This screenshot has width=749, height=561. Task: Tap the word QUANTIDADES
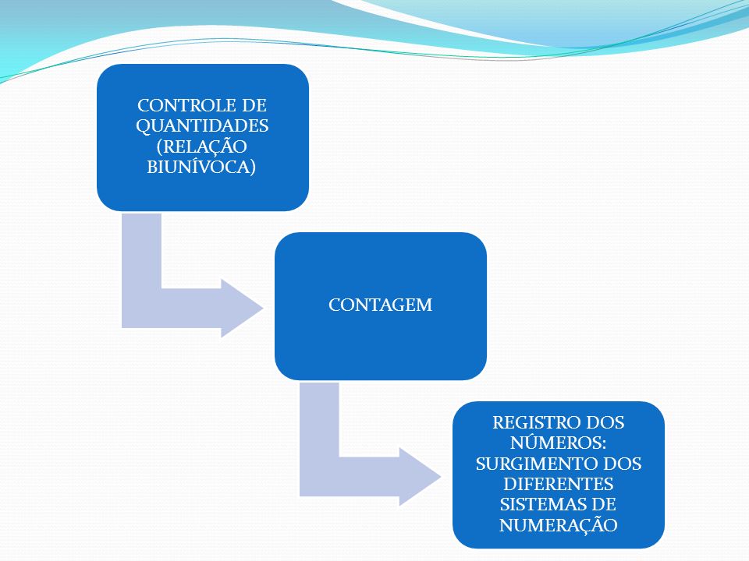(202, 126)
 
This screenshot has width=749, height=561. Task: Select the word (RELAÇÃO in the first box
(201, 146)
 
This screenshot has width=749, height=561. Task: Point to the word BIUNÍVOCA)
(201, 167)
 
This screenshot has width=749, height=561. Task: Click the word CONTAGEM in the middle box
(380, 305)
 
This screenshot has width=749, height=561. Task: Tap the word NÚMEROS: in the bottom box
(558, 443)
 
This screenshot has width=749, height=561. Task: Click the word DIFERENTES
(558, 484)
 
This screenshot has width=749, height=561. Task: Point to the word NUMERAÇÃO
(558, 524)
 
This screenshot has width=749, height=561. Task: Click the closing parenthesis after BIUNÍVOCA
(253, 167)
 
